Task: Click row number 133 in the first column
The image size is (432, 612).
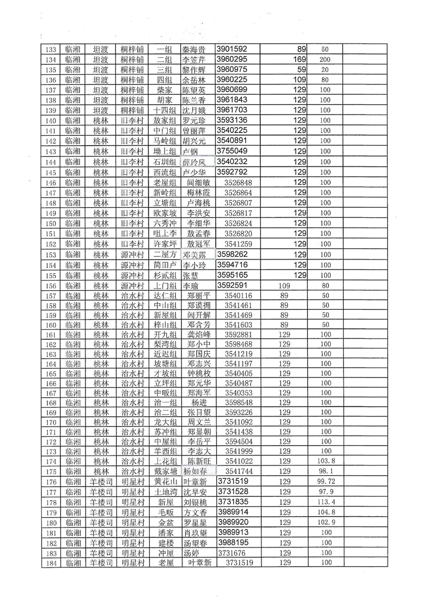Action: pos(52,50)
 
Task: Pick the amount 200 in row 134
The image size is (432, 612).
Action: pos(326,59)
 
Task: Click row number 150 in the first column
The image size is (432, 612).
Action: pos(52,224)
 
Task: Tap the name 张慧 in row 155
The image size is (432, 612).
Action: pos(190,275)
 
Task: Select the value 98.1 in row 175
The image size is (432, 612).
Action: pos(326,471)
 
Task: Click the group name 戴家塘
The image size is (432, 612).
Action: pos(165,471)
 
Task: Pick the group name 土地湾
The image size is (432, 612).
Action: pos(165,492)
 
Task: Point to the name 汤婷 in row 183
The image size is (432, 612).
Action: pos(191,553)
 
